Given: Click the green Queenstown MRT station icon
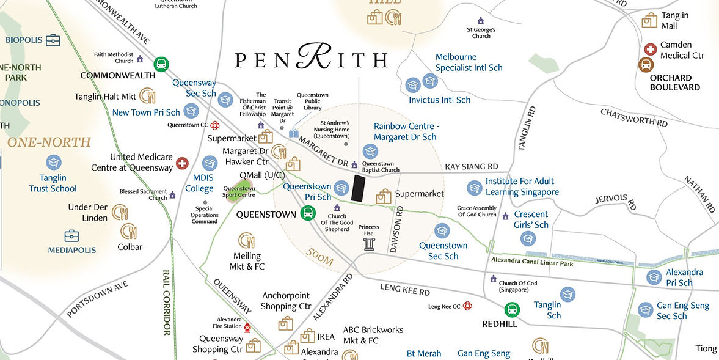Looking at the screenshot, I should coord(308,213).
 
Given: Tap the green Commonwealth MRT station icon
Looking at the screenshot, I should coord(161,64).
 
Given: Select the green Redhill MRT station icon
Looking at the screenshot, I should coord(513,310).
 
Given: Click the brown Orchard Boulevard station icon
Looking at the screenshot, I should coord(645,65).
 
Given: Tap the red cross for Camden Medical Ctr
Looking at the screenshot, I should coord(651,49).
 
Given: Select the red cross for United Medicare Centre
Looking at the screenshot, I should coord(182,163).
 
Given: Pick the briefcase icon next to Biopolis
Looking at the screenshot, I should coord(53,40).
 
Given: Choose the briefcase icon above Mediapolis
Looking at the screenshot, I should coord(72,235).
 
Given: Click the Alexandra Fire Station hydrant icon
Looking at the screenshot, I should coord(247,327).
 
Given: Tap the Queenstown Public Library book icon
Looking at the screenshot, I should coord(294,133).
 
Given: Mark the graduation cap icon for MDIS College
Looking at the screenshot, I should coord(210,163).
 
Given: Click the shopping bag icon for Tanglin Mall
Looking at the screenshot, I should coord(649,20).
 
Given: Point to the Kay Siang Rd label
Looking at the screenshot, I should coord(471,166).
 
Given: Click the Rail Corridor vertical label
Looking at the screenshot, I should coord(166,303).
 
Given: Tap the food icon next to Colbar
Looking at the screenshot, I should coord(128,231).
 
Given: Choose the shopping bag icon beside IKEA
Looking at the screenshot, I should coord(308,336).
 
